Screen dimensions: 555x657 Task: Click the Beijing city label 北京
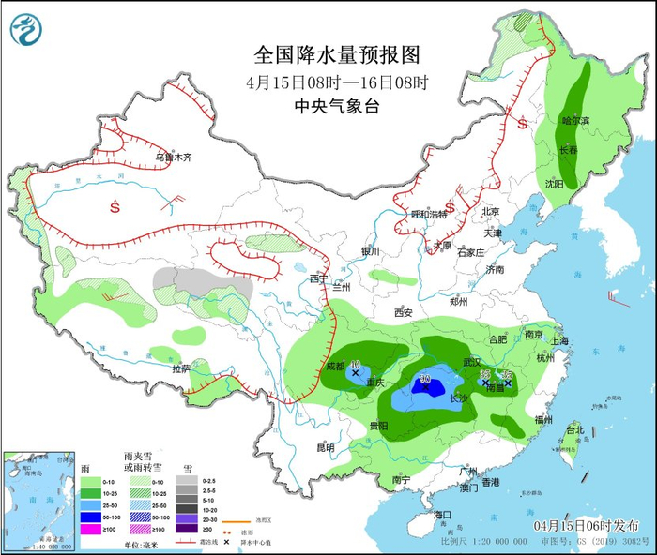click(x=493, y=211)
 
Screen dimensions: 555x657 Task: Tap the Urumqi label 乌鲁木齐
click(x=173, y=157)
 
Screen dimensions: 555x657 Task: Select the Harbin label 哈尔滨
click(x=574, y=121)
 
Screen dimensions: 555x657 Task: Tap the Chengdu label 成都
click(x=335, y=367)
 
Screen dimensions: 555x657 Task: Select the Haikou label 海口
click(x=443, y=515)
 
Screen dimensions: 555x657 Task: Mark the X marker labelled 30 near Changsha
click(x=425, y=381)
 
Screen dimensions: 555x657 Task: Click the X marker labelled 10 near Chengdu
click(x=355, y=372)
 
